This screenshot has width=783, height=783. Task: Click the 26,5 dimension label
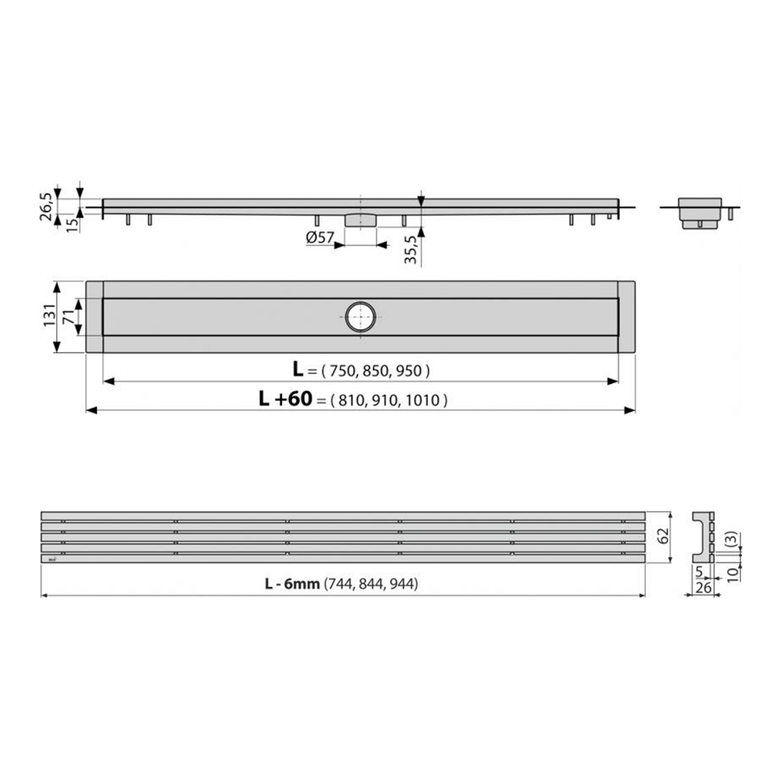coord(46,206)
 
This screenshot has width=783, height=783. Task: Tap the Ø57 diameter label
coord(320,238)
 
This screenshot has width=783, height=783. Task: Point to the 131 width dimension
coord(49,315)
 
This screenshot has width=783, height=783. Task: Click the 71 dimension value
coord(68,316)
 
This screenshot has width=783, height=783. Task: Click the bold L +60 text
coord(285,399)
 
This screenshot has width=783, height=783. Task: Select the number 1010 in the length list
coord(423,400)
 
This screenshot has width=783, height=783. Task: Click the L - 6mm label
coord(292,583)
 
